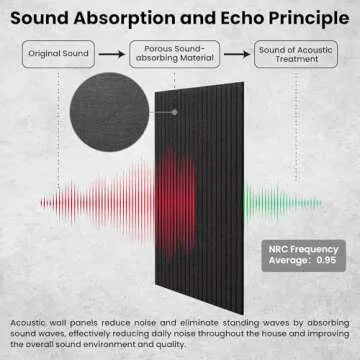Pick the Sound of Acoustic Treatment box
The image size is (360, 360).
click(290, 54)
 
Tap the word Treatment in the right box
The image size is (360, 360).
click(290, 60)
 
